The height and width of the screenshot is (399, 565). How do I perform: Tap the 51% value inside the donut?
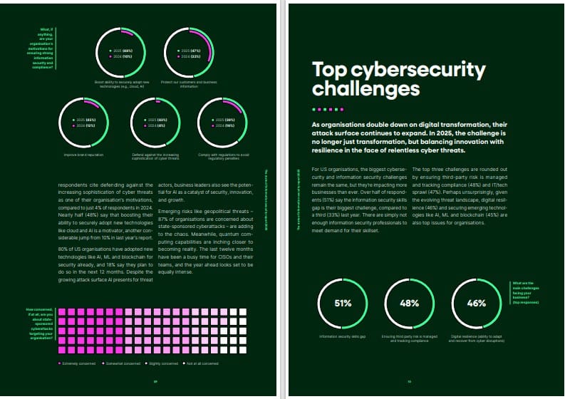(x=343, y=304)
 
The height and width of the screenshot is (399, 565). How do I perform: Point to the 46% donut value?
(x=475, y=304)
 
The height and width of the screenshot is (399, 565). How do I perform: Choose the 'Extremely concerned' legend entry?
(x=78, y=363)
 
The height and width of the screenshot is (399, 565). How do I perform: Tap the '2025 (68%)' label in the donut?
(x=123, y=51)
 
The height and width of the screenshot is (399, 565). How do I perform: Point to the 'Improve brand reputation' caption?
(x=84, y=154)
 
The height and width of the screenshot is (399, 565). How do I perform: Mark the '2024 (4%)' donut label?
(x=156, y=125)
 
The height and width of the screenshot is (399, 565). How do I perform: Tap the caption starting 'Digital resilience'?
(x=476, y=338)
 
